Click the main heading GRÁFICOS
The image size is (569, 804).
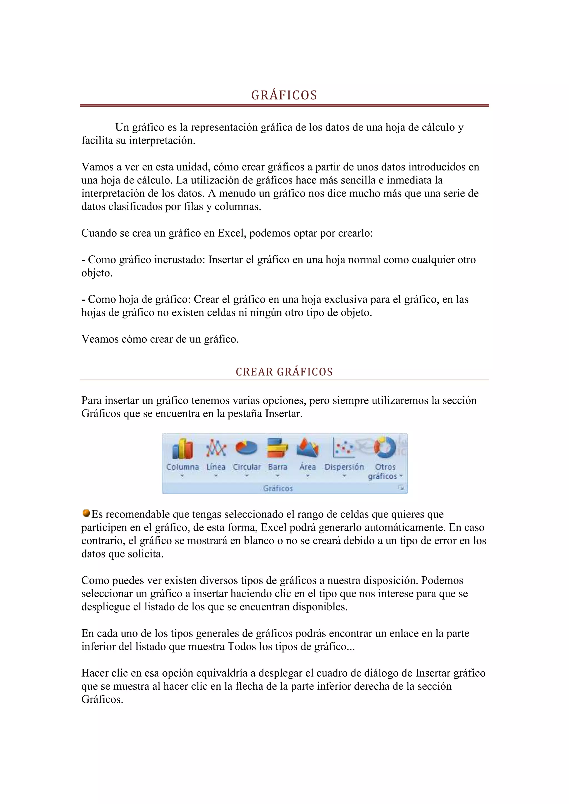pyautogui.click(x=284, y=95)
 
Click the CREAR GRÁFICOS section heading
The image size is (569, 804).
pyautogui.click(x=284, y=372)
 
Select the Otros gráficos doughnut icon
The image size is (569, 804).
pyautogui.click(x=385, y=448)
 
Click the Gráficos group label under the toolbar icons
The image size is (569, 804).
pyautogui.click(x=278, y=488)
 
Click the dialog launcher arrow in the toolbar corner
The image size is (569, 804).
pyautogui.click(x=401, y=488)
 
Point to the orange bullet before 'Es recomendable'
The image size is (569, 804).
pyautogui.click(x=86, y=513)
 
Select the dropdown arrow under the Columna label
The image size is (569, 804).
pyautogui.click(x=182, y=476)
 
